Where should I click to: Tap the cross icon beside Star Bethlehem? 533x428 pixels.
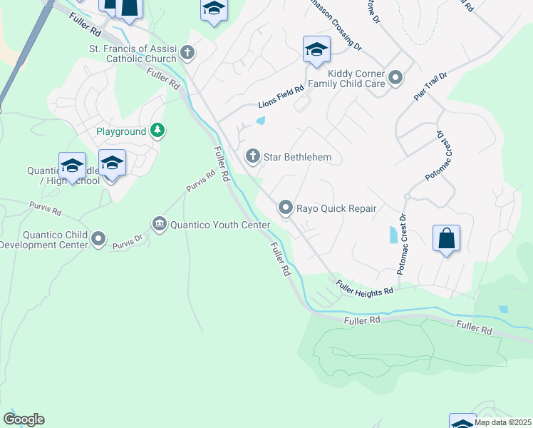coord(252,156)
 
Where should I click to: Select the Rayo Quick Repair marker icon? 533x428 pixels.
coord(286,208)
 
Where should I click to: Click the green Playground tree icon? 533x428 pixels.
coord(158,131)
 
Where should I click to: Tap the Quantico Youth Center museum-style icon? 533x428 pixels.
coord(159,225)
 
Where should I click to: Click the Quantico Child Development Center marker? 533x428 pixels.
coord(98,238)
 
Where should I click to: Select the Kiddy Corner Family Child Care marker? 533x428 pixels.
coord(395,76)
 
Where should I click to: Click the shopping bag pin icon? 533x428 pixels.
coord(446,239)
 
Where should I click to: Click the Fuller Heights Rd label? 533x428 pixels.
coord(364,288)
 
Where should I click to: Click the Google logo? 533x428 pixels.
coord(24,419)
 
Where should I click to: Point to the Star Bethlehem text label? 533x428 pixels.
coord(297,157)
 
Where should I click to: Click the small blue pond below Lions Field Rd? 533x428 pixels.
coord(260,121)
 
